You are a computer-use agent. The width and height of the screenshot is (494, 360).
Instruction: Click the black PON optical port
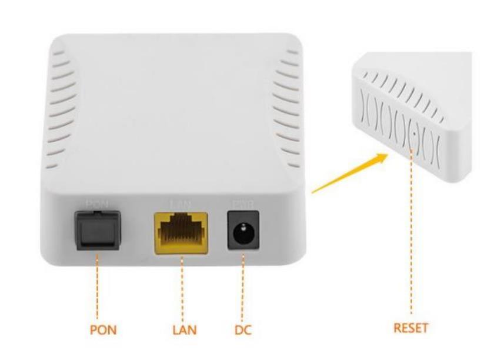(96, 230)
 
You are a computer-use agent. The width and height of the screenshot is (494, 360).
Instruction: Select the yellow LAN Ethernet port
(181, 233)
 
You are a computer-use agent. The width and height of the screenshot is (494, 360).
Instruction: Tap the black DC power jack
(240, 231)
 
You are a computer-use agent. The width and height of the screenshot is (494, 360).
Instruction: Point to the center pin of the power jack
(240, 232)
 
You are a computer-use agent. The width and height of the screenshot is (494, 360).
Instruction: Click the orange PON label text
(103, 330)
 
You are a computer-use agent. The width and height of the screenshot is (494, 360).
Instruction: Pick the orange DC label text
(241, 330)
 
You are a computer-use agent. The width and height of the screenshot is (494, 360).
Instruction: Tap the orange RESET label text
(410, 328)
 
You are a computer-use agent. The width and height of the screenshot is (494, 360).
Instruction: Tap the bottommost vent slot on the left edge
(51, 166)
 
